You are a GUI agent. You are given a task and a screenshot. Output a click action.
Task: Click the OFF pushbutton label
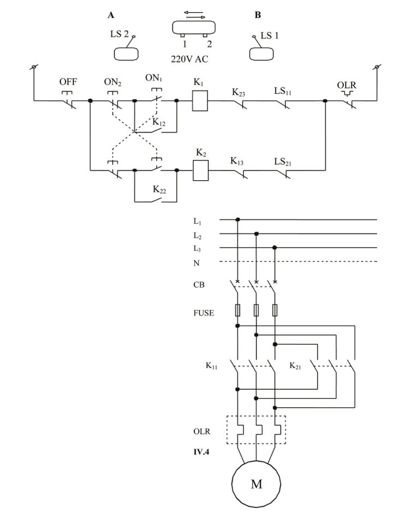68,82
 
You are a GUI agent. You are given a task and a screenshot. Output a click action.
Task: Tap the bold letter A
111,15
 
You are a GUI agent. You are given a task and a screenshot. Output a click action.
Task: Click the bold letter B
258,15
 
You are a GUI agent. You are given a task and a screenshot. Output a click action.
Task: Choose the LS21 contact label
283,162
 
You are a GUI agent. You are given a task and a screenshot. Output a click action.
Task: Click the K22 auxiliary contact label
159,189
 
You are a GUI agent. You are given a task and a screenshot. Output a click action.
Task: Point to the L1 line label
197,221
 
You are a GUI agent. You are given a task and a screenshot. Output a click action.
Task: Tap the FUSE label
203,313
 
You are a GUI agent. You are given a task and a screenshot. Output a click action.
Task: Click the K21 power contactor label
296,365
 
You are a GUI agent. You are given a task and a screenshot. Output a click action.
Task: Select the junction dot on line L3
275,248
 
